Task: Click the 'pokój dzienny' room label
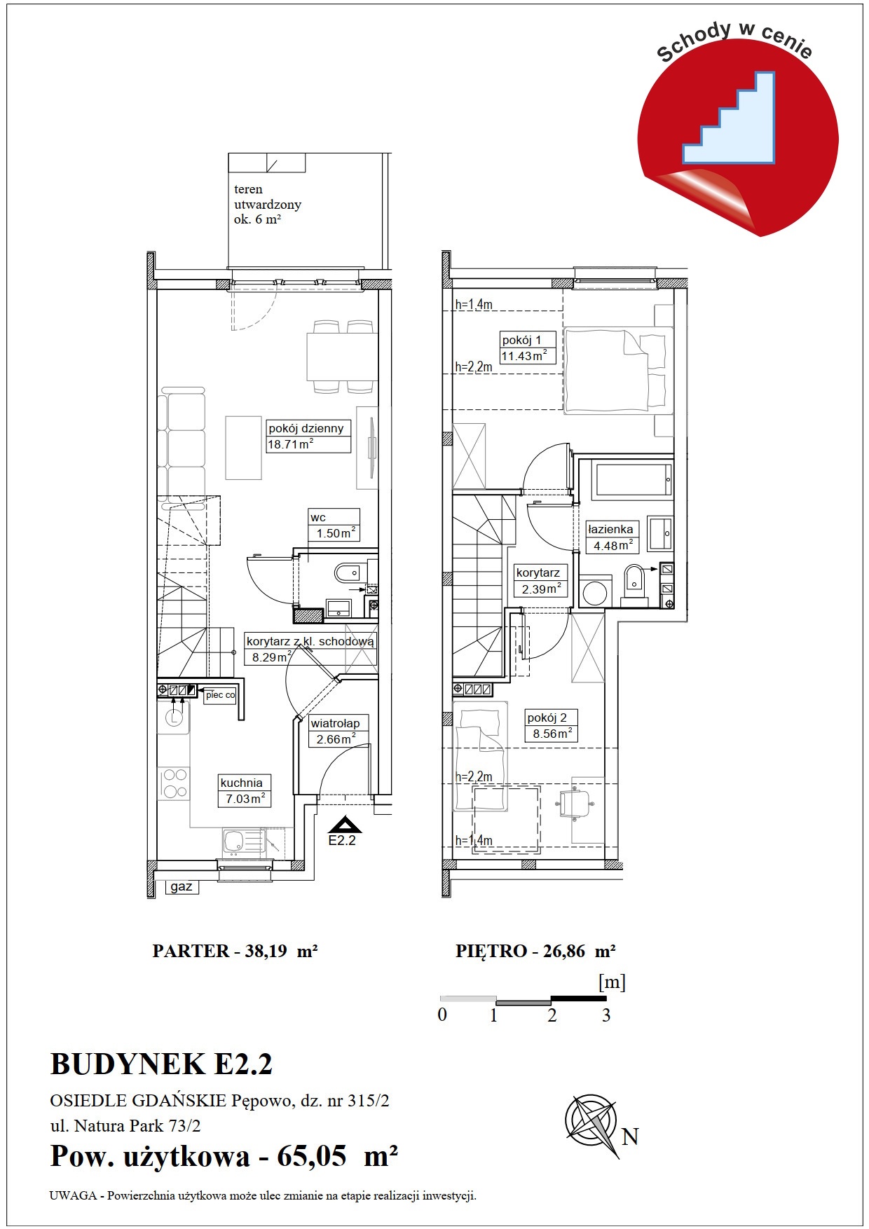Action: pyautogui.click(x=306, y=428)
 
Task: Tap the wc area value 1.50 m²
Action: pyautogui.click(x=336, y=533)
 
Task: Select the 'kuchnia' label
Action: pyautogui.click(x=242, y=783)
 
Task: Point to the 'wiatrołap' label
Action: pyautogui.click(x=335, y=723)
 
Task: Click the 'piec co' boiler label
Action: pyautogui.click(x=220, y=695)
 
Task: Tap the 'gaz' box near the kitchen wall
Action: pyautogui.click(x=182, y=886)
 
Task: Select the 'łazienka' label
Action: pyautogui.click(x=611, y=529)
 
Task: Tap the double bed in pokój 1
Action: pyautogui.click(x=615, y=371)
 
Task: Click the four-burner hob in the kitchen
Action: pyautogui.click(x=175, y=783)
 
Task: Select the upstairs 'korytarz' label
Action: pyautogui.click(x=538, y=572)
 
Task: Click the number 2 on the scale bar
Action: pyautogui.click(x=552, y=1015)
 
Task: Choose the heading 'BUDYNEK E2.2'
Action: pyautogui.click(x=161, y=1064)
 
